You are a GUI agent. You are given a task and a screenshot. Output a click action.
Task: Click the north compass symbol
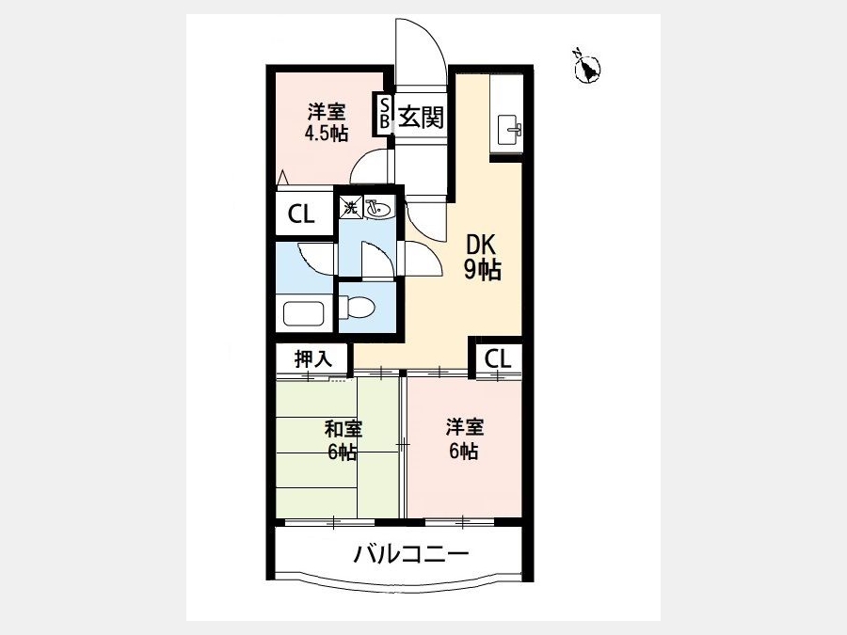tap(586, 67)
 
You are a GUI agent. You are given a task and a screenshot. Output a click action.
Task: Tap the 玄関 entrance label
tap(421, 117)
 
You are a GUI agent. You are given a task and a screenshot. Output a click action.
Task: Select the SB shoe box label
tap(385, 113)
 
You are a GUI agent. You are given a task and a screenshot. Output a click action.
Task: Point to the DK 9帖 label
tap(483, 258)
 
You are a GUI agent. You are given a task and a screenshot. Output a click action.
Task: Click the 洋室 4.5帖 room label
tap(327, 122)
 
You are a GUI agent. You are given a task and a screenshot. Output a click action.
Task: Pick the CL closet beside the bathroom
tap(301, 214)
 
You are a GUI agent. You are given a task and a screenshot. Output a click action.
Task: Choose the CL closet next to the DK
tap(498, 358)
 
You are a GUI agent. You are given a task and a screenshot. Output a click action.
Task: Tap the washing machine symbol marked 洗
tap(351, 207)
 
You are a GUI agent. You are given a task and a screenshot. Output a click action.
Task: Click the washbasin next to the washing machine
tap(379, 208)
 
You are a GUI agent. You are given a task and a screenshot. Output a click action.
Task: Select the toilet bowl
tap(360, 309)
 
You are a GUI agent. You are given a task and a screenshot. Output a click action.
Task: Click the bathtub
tap(303, 313)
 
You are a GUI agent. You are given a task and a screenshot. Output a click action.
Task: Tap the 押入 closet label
tap(312, 358)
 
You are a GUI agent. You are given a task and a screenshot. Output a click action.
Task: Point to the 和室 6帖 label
tap(343, 440)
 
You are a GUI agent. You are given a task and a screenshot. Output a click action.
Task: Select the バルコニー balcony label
tap(410, 554)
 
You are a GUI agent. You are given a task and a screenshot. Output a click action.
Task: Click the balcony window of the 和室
tap(329, 522)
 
